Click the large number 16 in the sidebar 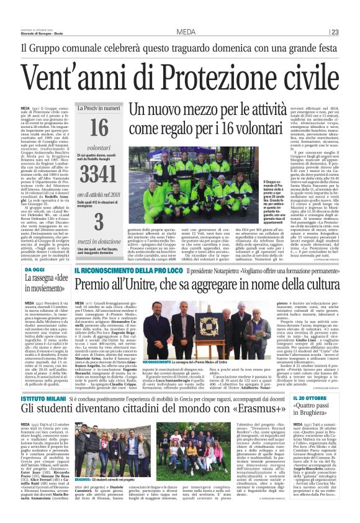click(x=99, y=128)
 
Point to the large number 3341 click(x=99, y=173)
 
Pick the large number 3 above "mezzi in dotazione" click(x=99, y=222)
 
